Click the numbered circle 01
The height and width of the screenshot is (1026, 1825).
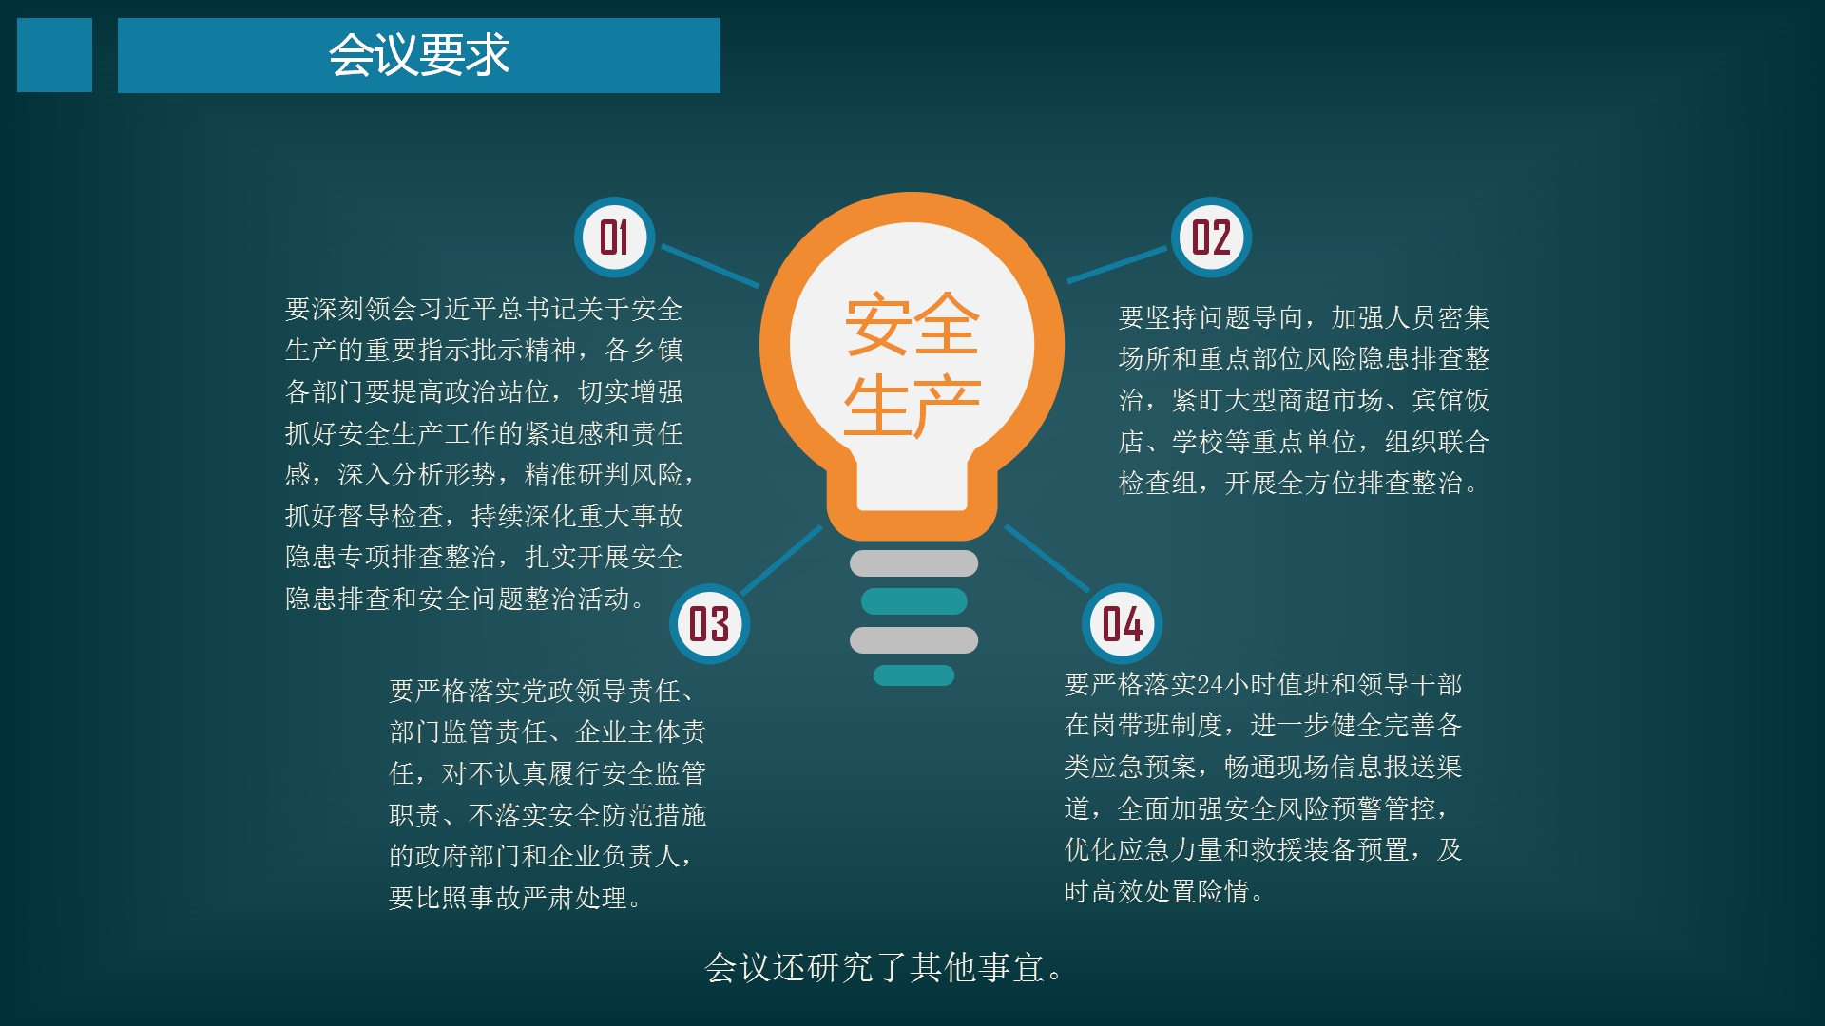pos(614,237)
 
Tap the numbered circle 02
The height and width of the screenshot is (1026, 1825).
pos(1211,237)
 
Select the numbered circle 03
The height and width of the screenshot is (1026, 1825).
pos(709,624)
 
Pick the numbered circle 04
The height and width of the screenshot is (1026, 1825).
pos(1122,624)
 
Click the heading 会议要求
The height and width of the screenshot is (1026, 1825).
pos(419,55)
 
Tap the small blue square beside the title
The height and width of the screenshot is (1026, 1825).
pos(54,55)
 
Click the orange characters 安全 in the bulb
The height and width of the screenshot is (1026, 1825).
pos(912,324)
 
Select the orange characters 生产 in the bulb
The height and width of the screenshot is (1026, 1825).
pos(912,406)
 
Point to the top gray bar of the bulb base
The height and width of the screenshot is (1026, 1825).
pos(913,563)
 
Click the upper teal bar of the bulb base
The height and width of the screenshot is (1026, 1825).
pos(913,601)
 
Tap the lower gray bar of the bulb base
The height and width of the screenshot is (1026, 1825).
pos(913,640)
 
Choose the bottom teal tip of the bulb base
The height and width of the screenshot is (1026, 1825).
pos(913,675)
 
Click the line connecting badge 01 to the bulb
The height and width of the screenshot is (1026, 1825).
pos(710,265)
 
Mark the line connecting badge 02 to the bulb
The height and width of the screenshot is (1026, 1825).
pos(1117,264)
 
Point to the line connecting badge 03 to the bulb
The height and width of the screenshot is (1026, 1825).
pos(781,560)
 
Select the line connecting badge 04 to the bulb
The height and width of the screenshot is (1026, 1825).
pos(1047,558)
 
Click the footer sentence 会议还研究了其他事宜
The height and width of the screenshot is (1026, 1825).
pos(883,968)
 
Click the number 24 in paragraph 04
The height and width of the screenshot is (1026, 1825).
pos(1210,684)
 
